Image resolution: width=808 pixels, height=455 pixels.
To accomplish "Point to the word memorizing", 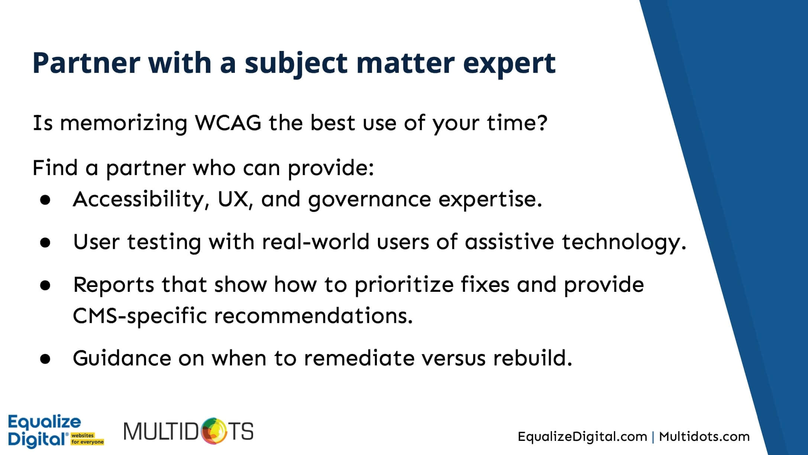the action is click(x=123, y=124).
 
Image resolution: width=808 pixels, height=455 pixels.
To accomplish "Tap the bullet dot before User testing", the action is click(x=45, y=243).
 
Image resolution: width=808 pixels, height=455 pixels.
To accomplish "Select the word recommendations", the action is click(x=313, y=316).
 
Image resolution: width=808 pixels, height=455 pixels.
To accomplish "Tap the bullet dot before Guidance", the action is click(x=45, y=359).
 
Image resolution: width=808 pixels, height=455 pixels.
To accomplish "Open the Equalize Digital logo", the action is click(x=56, y=431).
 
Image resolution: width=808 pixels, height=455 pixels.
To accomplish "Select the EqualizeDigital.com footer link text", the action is click(x=582, y=436).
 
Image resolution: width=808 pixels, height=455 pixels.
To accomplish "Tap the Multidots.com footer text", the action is click(x=704, y=436).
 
